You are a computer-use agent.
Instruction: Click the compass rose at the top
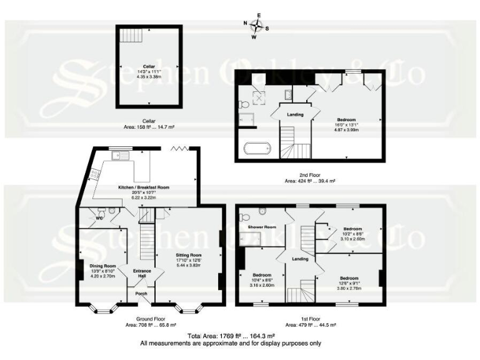257,26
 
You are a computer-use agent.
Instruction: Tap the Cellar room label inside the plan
149,66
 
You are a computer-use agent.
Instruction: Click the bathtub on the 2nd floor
257,148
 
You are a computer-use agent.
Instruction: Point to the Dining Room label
104,266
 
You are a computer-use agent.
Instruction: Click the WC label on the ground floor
99,219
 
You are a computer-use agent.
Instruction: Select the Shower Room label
262,227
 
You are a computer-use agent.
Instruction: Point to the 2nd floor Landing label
295,114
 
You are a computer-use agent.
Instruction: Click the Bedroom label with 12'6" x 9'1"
349,277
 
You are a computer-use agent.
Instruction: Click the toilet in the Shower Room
262,211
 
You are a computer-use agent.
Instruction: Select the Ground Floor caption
139,317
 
